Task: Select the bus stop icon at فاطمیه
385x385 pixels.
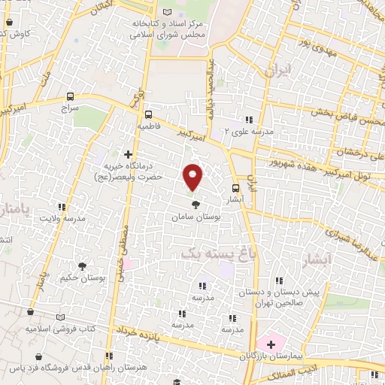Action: (x=148, y=114)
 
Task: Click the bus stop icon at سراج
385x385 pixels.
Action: (x=70, y=96)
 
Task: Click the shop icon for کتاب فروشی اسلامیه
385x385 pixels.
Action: (x=30, y=311)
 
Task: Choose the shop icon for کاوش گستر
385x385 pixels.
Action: (x=9, y=23)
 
